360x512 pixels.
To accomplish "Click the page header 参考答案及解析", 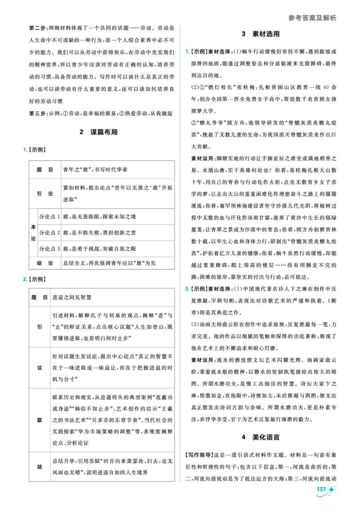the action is click(312, 18).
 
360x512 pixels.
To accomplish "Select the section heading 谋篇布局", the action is click(104, 132).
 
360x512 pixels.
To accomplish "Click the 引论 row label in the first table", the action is click(45, 193).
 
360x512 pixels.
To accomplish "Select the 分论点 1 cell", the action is click(49, 216).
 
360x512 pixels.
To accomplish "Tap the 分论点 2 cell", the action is click(49, 233).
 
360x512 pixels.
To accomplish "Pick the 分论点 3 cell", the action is click(49, 248).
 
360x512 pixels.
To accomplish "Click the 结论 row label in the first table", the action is click(45, 263).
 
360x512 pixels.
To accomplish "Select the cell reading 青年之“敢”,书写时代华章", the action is click(95, 170).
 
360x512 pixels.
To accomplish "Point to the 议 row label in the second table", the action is click(40, 368).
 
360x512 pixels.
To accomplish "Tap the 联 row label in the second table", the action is click(40, 420).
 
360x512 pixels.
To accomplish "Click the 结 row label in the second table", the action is click(40, 467).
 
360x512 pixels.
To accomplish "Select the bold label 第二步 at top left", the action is click(37, 28).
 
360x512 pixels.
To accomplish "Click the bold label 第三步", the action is click(37, 114).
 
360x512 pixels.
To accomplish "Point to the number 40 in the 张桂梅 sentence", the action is click(326, 87).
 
